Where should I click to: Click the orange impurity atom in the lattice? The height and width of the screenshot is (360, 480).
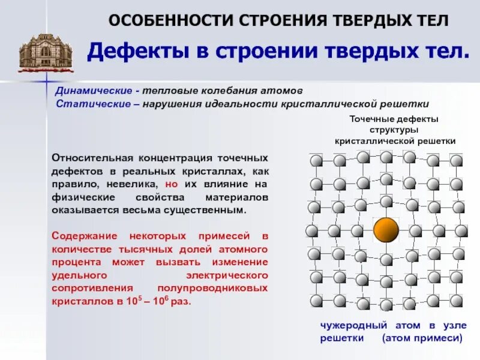386,230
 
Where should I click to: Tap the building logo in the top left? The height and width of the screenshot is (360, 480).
45,50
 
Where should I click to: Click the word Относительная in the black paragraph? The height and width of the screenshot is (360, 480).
91,158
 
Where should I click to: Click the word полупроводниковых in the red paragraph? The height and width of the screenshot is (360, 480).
222,288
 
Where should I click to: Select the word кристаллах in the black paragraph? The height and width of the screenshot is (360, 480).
222,170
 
